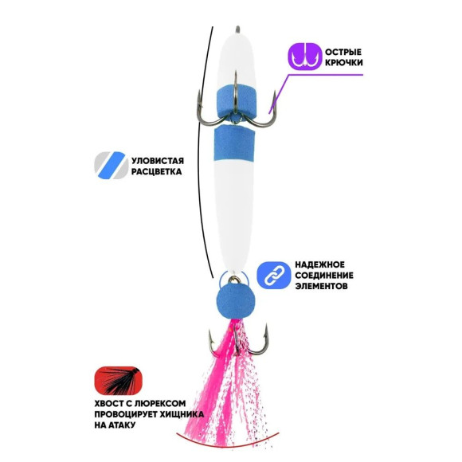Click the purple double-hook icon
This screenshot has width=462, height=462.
click(304, 57)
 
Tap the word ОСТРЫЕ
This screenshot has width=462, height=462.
click(343, 52)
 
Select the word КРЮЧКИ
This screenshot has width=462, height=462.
click(344, 63)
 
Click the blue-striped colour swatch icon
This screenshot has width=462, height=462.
click(111, 166)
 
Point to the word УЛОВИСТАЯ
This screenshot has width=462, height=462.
click(158, 161)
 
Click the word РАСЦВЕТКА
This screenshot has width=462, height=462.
click(156, 171)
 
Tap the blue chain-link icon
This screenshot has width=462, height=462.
click(274, 275)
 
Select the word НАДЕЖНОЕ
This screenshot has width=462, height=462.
click(319, 264)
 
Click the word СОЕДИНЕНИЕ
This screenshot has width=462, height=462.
click(324, 275)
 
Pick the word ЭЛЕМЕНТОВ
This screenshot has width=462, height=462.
click(321, 286)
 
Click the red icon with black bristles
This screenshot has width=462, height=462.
click(119, 381)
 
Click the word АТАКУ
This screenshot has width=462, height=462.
click(123, 425)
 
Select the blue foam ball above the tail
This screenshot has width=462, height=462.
click(236, 303)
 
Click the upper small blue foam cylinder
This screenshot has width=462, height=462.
click(235, 100)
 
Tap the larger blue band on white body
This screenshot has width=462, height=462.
click(233, 143)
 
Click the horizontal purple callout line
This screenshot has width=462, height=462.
click(326, 75)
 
